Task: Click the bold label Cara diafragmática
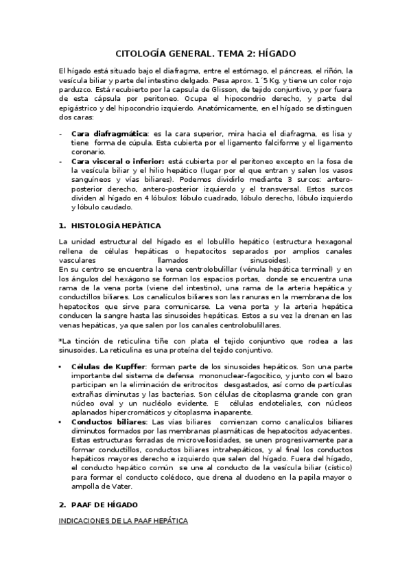tap(110, 132)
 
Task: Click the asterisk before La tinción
tap(60, 340)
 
